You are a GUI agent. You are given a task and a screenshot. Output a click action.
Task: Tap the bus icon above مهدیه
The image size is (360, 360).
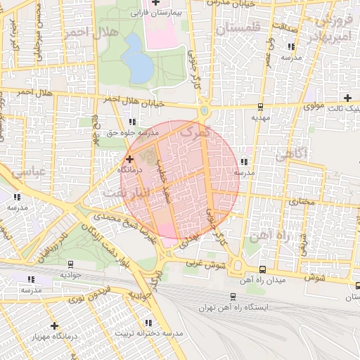click(261, 108)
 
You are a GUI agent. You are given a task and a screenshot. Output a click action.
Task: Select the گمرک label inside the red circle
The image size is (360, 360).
click(195, 131)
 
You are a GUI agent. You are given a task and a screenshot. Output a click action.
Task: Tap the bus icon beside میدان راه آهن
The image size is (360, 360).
click(262, 269)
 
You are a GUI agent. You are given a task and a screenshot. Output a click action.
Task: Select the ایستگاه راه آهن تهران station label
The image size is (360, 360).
click(236, 307)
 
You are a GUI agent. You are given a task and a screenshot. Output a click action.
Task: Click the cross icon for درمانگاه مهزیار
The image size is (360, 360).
click(54, 326)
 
